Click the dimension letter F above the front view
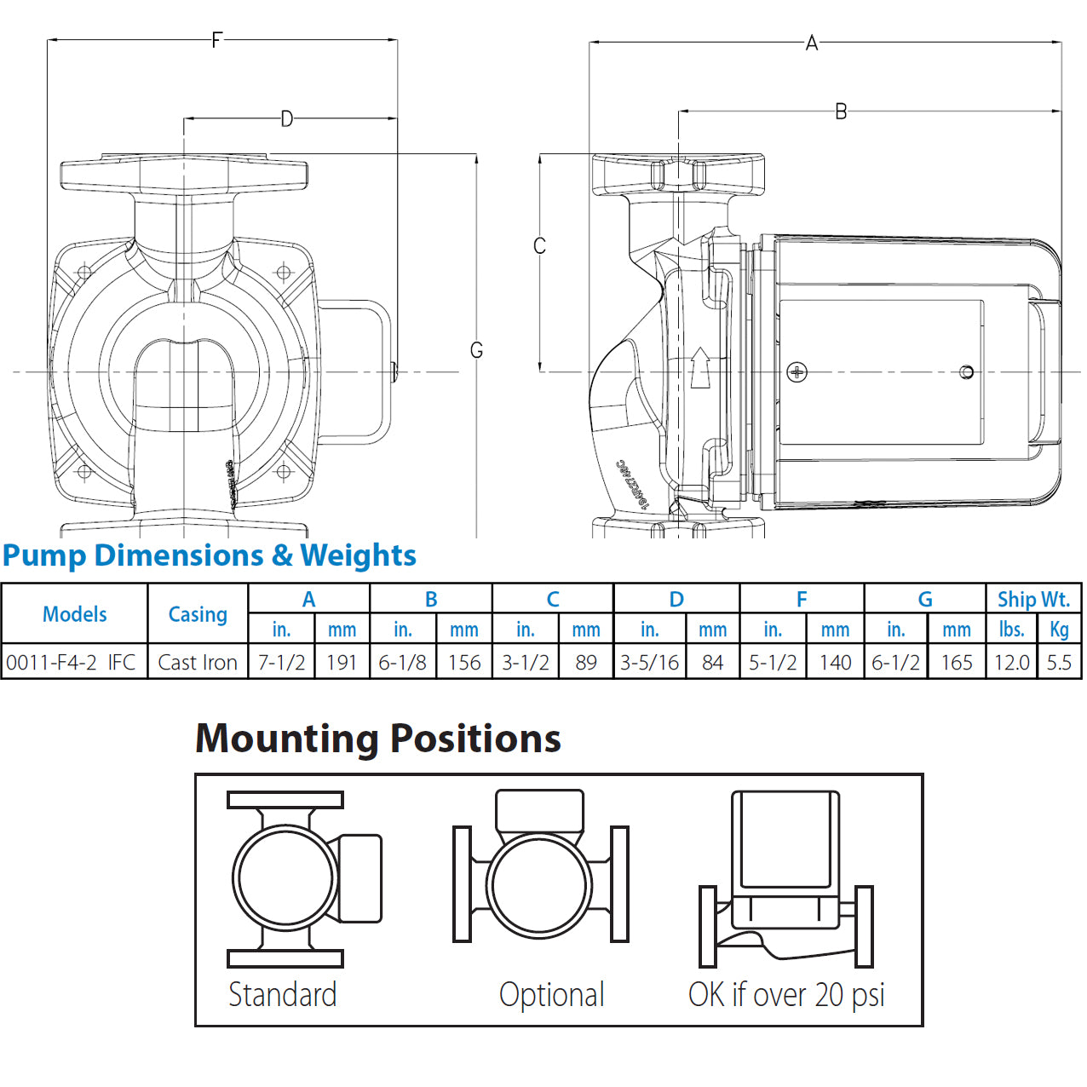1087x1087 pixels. tap(216, 39)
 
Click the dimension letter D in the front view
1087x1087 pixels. tap(287, 118)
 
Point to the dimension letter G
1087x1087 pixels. tap(476, 350)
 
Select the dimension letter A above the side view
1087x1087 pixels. tap(811, 43)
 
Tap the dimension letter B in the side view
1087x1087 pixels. tap(841, 112)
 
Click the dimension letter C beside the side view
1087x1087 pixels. tap(539, 246)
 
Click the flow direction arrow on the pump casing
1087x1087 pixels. tap(700, 367)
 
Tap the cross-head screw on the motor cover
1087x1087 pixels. tap(797, 372)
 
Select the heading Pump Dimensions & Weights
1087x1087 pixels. tap(209, 555)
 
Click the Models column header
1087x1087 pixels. tap(75, 614)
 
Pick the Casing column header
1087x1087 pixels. tap(198, 614)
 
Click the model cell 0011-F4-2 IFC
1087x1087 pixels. tap(72, 662)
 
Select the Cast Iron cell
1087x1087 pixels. tap(198, 662)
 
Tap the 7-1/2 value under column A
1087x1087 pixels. tap(281, 662)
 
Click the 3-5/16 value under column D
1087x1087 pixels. tap(649, 662)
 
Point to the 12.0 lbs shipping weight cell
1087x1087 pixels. tap(1011, 662)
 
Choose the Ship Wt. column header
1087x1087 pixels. tap(1033, 599)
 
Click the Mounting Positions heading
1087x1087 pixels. tap(378, 739)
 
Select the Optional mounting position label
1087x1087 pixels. tap(551, 994)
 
